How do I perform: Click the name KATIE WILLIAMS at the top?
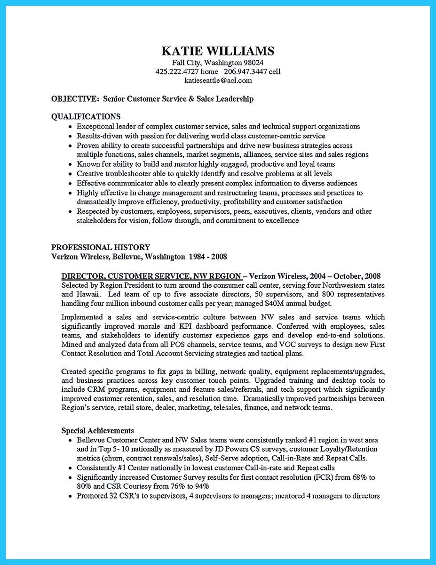(217, 51)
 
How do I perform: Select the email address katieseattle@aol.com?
(217, 81)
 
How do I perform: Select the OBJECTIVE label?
(75, 99)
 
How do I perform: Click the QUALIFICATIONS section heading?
(86, 116)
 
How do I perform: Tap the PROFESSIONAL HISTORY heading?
(101, 247)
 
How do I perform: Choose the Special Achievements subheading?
(97, 430)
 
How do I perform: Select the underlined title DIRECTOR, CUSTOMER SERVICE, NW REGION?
(151, 276)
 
